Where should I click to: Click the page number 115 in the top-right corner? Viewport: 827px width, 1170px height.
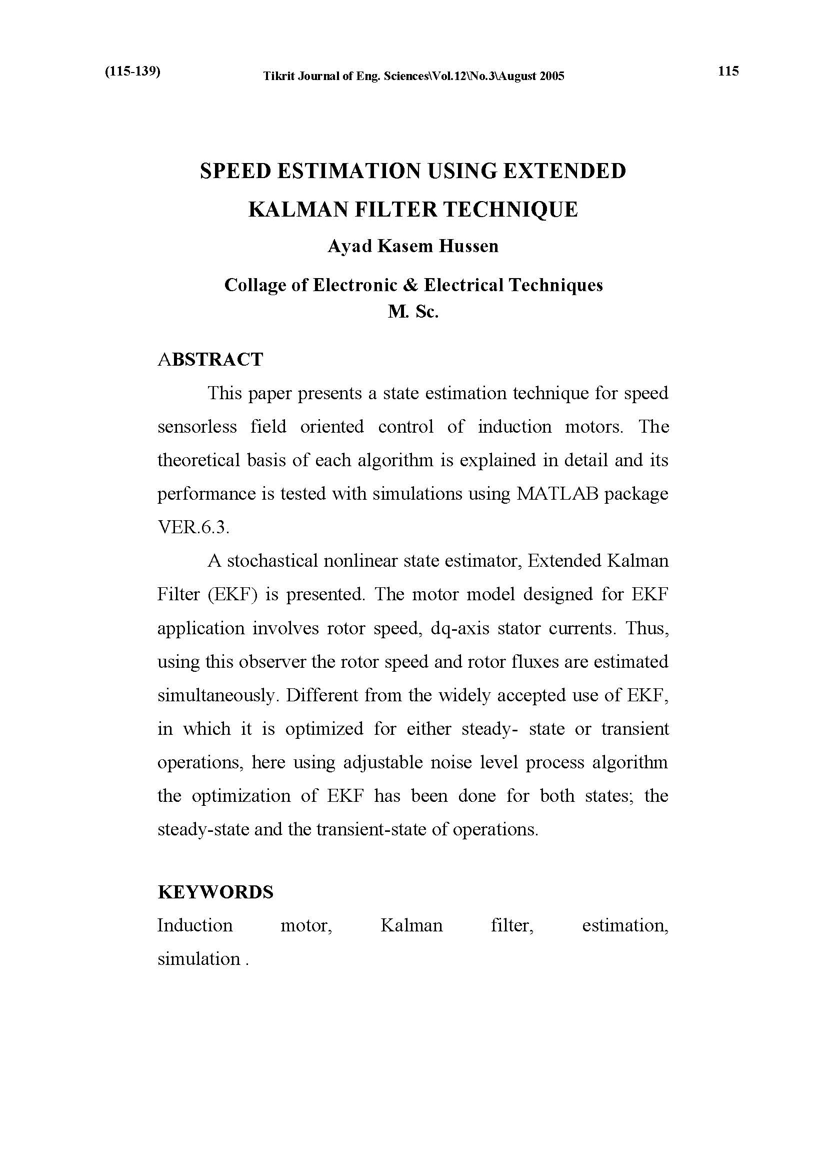pos(728,72)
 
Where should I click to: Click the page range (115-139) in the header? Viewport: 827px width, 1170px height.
pos(132,72)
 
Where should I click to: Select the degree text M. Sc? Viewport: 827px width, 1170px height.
pos(413,311)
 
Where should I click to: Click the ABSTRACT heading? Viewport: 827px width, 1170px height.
pos(210,359)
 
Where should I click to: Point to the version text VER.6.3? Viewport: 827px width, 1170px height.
pos(193,527)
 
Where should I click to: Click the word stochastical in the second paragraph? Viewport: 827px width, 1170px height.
pos(272,561)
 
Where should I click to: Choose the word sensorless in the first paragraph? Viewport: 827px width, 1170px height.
pos(197,427)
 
